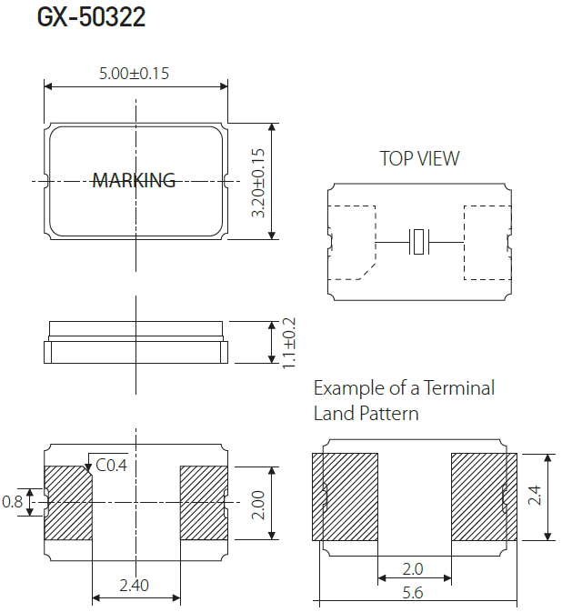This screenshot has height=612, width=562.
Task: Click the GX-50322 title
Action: pos(91,18)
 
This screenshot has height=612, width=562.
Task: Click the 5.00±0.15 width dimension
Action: pos(134,74)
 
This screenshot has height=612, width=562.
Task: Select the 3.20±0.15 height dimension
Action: pos(258,182)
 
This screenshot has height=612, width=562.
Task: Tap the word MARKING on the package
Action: pos(134,180)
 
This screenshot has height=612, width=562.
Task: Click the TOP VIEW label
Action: pos(419,158)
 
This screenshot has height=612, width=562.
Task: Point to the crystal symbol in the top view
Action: pos(417,242)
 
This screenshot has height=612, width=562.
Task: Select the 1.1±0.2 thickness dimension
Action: pos(289,342)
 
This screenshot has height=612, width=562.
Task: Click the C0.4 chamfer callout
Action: pos(110,466)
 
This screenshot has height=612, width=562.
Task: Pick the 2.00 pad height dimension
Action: pos(258,502)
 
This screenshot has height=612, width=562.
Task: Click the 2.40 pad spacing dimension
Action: pos(134,586)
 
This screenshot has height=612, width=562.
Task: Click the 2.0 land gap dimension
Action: pos(413,568)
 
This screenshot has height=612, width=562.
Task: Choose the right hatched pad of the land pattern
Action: pos(485,497)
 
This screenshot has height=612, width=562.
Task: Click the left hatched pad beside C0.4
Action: pos(68,502)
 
